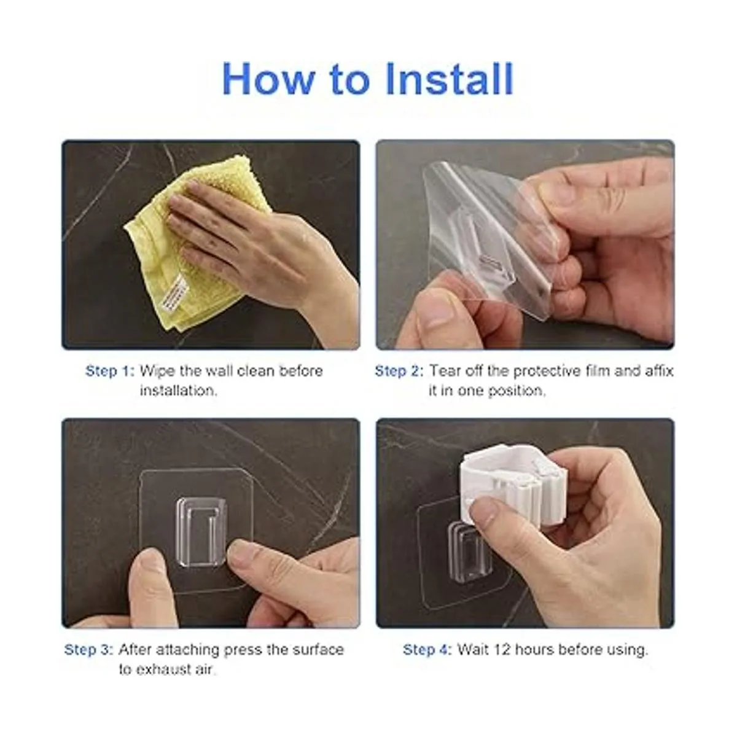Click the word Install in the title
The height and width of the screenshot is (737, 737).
(x=450, y=79)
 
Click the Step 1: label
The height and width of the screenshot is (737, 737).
(x=110, y=371)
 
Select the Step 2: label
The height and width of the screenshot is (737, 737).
(x=399, y=371)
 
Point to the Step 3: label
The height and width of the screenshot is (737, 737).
(x=88, y=649)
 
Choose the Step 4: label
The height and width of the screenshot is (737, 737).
(x=427, y=649)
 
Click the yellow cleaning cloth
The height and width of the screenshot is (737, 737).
(x=191, y=241)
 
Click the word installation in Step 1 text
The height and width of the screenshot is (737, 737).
(x=178, y=391)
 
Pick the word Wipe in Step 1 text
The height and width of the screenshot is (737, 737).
(x=157, y=371)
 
